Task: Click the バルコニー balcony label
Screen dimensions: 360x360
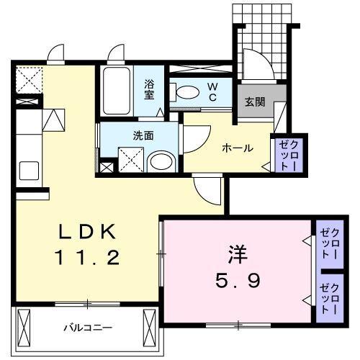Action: click(x=88, y=327)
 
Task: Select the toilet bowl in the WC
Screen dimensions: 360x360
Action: click(x=188, y=92)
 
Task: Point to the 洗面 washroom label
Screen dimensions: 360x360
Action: click(x=143, y=134)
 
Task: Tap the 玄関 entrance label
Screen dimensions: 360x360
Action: click(x=254, y=102)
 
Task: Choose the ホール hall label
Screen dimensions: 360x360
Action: click(x=237, y=148)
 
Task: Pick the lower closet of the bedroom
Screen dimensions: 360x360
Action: click(x=329, y=296)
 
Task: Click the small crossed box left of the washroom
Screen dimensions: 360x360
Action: click(x=107, y=168)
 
